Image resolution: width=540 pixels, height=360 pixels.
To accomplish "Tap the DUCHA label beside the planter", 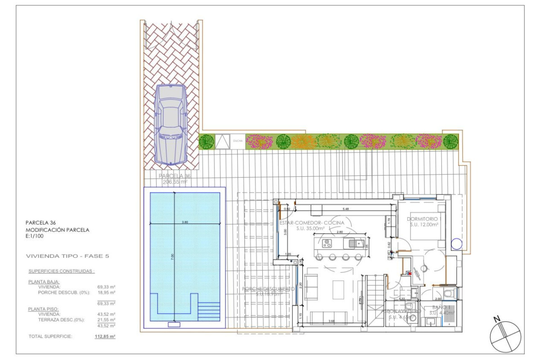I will coord(238,141).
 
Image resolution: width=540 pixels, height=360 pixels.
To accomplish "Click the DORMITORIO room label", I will coord(422,219).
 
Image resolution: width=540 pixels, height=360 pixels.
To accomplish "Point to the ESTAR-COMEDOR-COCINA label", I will coord(312,223).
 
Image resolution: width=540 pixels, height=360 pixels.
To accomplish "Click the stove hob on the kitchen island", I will coord(327,244).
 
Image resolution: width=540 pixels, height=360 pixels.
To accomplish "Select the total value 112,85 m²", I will coord(107,336).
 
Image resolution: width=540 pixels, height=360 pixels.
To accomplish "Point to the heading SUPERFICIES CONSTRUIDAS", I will coord(61,271).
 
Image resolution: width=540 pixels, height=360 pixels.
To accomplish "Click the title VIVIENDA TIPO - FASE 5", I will coord(67,256).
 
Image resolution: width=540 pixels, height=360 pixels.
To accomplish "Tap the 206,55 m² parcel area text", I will coord(175,183).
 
